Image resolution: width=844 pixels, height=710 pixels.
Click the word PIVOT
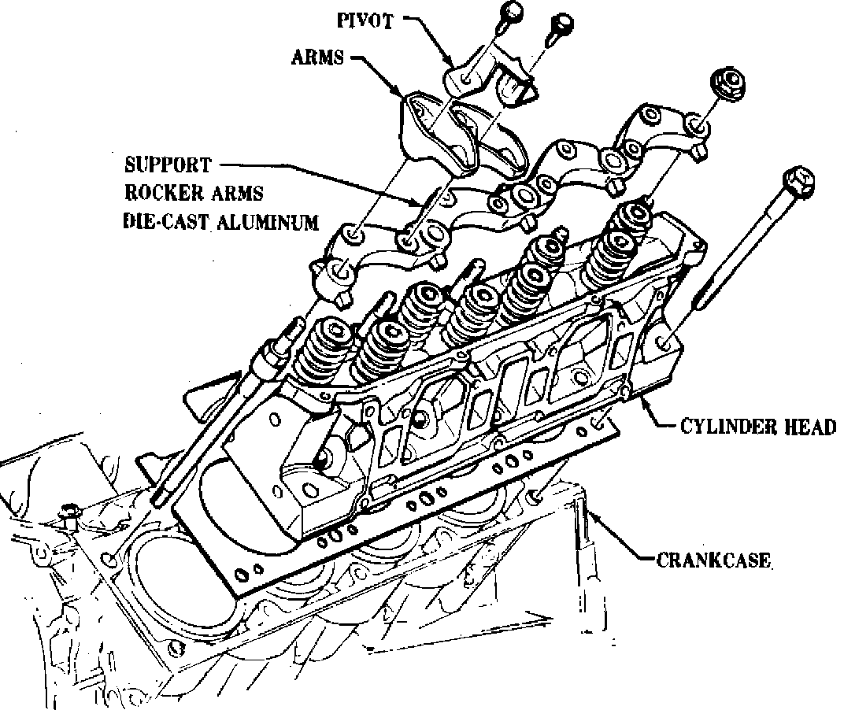tap(365, 20)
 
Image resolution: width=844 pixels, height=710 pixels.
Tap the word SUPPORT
tap(168, 165)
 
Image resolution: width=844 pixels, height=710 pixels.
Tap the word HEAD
tap(806, 427)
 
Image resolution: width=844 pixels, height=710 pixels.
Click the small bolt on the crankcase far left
tap(67, 514)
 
